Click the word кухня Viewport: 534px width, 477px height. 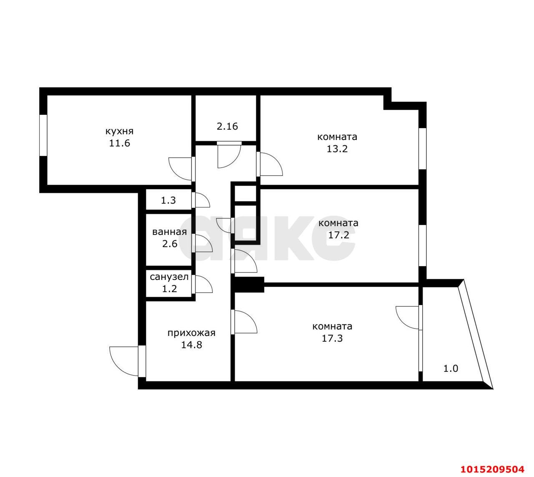point(119,131)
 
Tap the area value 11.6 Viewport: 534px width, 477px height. point(119,143)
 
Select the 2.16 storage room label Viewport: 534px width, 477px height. point(227,126)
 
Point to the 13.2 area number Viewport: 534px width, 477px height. point(337,149)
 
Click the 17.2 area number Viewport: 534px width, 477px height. point(338,235)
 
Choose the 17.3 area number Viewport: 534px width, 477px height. point(332,338)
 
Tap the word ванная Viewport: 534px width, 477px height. point(169,232)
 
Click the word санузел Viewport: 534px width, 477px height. point(169,276)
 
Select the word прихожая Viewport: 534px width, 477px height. point(191,333)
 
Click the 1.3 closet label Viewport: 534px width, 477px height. point(168,200)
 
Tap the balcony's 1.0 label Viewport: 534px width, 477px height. point(451,368)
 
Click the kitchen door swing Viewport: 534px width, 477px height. point(180,169)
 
